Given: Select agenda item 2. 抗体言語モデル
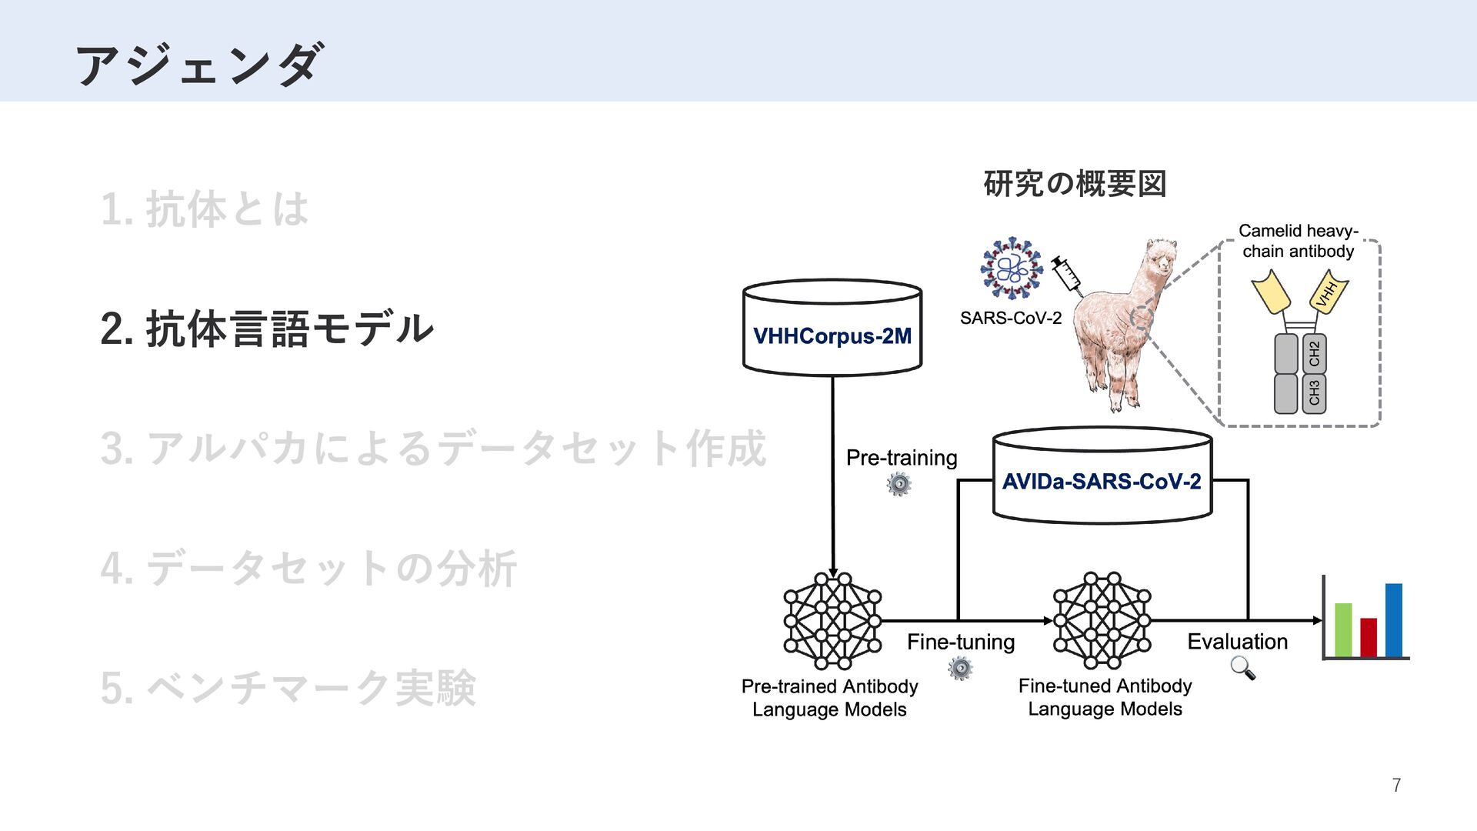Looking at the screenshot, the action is [267, 329].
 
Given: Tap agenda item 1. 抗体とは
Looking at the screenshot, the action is [205, 209].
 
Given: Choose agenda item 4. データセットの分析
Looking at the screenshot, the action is [308, 569].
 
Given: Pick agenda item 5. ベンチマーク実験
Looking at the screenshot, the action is [288, 688].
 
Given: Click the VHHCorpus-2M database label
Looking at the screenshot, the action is [832, 336].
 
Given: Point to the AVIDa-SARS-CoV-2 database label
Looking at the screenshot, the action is [1102, 482].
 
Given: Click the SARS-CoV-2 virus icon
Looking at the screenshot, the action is [1011, 268].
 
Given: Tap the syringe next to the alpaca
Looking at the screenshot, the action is [1067, 275].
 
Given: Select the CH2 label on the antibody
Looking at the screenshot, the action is [1314, 354].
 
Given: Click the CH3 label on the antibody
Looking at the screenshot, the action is [1314, 393].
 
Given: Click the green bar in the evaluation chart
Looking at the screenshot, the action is [1343, 629].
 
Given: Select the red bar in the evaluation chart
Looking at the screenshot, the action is [1369, 637].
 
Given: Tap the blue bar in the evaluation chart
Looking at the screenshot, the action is [1394, 620].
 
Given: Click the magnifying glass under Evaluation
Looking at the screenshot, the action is [1242, 668].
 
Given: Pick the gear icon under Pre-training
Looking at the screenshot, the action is [899, 484].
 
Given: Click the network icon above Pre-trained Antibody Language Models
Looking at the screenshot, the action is [832, 620].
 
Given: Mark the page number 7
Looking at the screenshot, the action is [1396, 786].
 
